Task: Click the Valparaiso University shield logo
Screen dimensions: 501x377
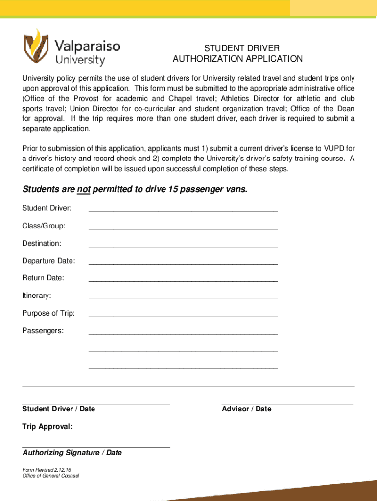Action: pyautogui.click(x=36, y=47)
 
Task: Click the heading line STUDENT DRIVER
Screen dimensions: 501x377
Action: pyautogui.click(x=242, y=48)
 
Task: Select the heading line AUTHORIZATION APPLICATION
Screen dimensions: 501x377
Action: pyautogui.click(x=238, y=59)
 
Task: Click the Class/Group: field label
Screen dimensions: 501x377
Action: pyautogui.click(x=44, y=226)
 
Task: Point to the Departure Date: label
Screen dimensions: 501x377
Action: pyautogui.click(x=48, y=261)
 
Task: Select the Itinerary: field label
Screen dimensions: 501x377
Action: pyautogui.click(x=36, y=296)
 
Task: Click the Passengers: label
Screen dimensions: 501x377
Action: pyautogui.click(x=43, y=331)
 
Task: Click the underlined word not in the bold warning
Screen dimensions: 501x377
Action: pyautogui.click(x=84, y=190)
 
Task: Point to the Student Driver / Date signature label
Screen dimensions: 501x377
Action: pyautogui.click(x=59, y=409)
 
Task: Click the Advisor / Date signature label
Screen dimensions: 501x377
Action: pyautogui.click(x=246, y=409)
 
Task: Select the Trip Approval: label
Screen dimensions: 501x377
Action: pyautogui.click(x=47, y=427)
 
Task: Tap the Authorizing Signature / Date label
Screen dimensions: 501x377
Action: pyautogui.click(x=72, y=453)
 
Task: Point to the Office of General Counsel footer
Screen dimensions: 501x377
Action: pyautogui.click(x=50, y=476)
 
